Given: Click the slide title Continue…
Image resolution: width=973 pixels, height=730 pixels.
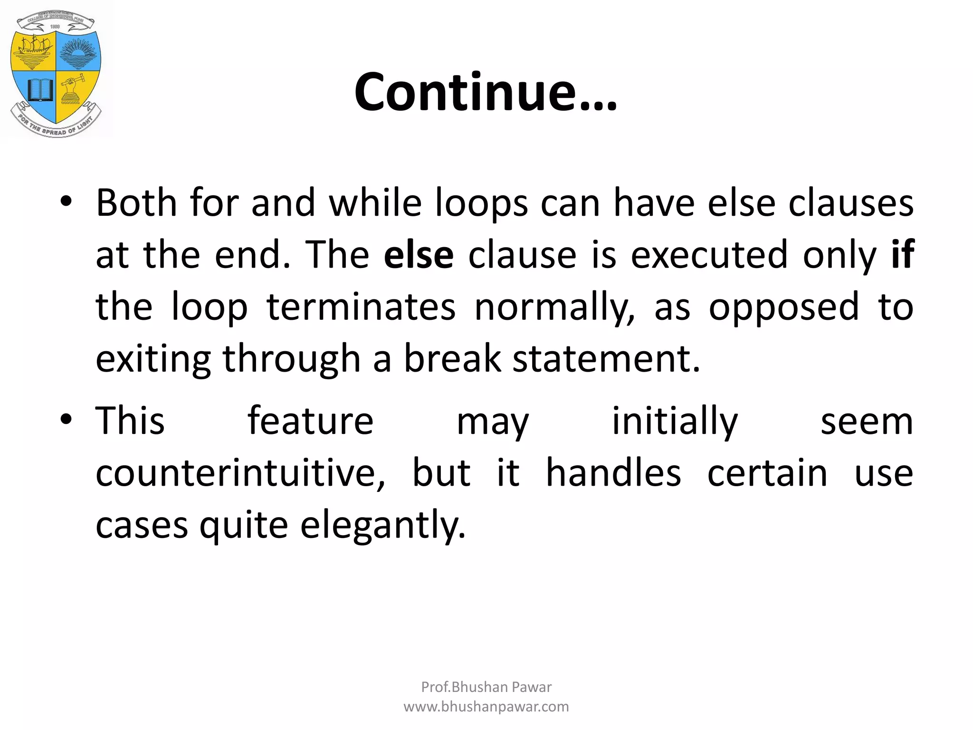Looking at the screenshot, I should [x=486, y=92].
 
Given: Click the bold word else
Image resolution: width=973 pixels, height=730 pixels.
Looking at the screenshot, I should [x=418, y=255].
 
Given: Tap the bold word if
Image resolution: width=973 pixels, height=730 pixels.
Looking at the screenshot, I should [x=902, y=255].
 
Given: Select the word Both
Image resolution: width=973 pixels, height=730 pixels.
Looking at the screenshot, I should [x=136, y=203].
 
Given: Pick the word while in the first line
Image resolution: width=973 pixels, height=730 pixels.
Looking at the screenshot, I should [x=375, y=203].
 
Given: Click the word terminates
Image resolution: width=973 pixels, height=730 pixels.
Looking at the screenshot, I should [x=361, y=307].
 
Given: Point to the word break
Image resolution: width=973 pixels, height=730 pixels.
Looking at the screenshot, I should [x=452, y=358].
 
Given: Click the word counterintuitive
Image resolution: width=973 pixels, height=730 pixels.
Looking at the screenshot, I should [x=240, y=473].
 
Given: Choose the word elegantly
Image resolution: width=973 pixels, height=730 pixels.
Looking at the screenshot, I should [x=383, y=526].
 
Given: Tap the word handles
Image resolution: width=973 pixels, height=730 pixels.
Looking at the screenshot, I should [x=613, y=473].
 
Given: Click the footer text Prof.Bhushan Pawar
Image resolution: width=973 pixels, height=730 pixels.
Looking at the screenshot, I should [x=486, y=687].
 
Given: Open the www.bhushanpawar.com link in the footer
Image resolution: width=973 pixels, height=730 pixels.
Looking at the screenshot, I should [x=486, y=707].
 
